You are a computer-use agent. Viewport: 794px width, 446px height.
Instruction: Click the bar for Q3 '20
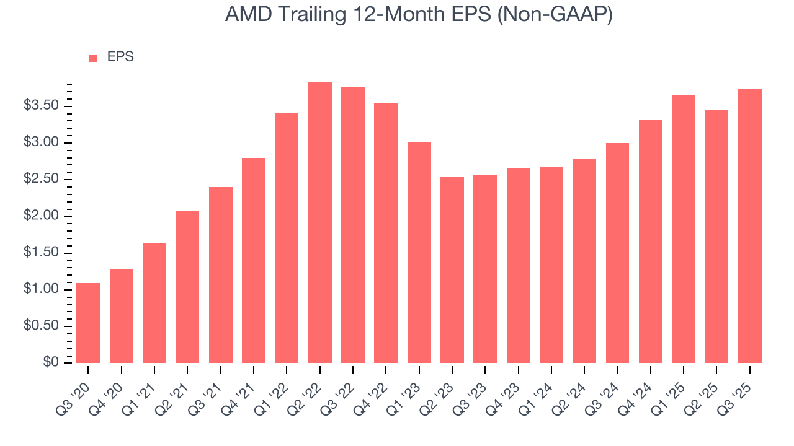pos(88,323)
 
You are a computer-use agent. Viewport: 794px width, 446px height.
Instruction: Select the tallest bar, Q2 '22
pos(319,222)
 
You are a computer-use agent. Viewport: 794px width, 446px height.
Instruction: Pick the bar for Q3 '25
pos(750,226)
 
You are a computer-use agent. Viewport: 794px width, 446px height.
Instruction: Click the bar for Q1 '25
pos(684,229)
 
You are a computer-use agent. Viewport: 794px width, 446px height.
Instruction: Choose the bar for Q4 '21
pos(254,260)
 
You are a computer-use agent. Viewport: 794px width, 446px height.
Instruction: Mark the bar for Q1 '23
pos(419,253)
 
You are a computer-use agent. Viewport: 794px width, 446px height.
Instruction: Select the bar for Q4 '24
pos(651,241)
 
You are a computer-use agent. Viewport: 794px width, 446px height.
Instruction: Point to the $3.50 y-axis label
pos(41,106)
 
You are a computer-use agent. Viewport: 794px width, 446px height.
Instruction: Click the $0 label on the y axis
pos(51,362)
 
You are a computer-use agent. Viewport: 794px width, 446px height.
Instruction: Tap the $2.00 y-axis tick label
pos(41,216)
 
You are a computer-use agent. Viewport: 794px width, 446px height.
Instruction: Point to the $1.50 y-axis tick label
pos(41,253)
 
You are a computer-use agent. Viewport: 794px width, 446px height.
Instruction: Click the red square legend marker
pos(93,58)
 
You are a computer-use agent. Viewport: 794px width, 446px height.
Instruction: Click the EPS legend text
pos(120,57)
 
